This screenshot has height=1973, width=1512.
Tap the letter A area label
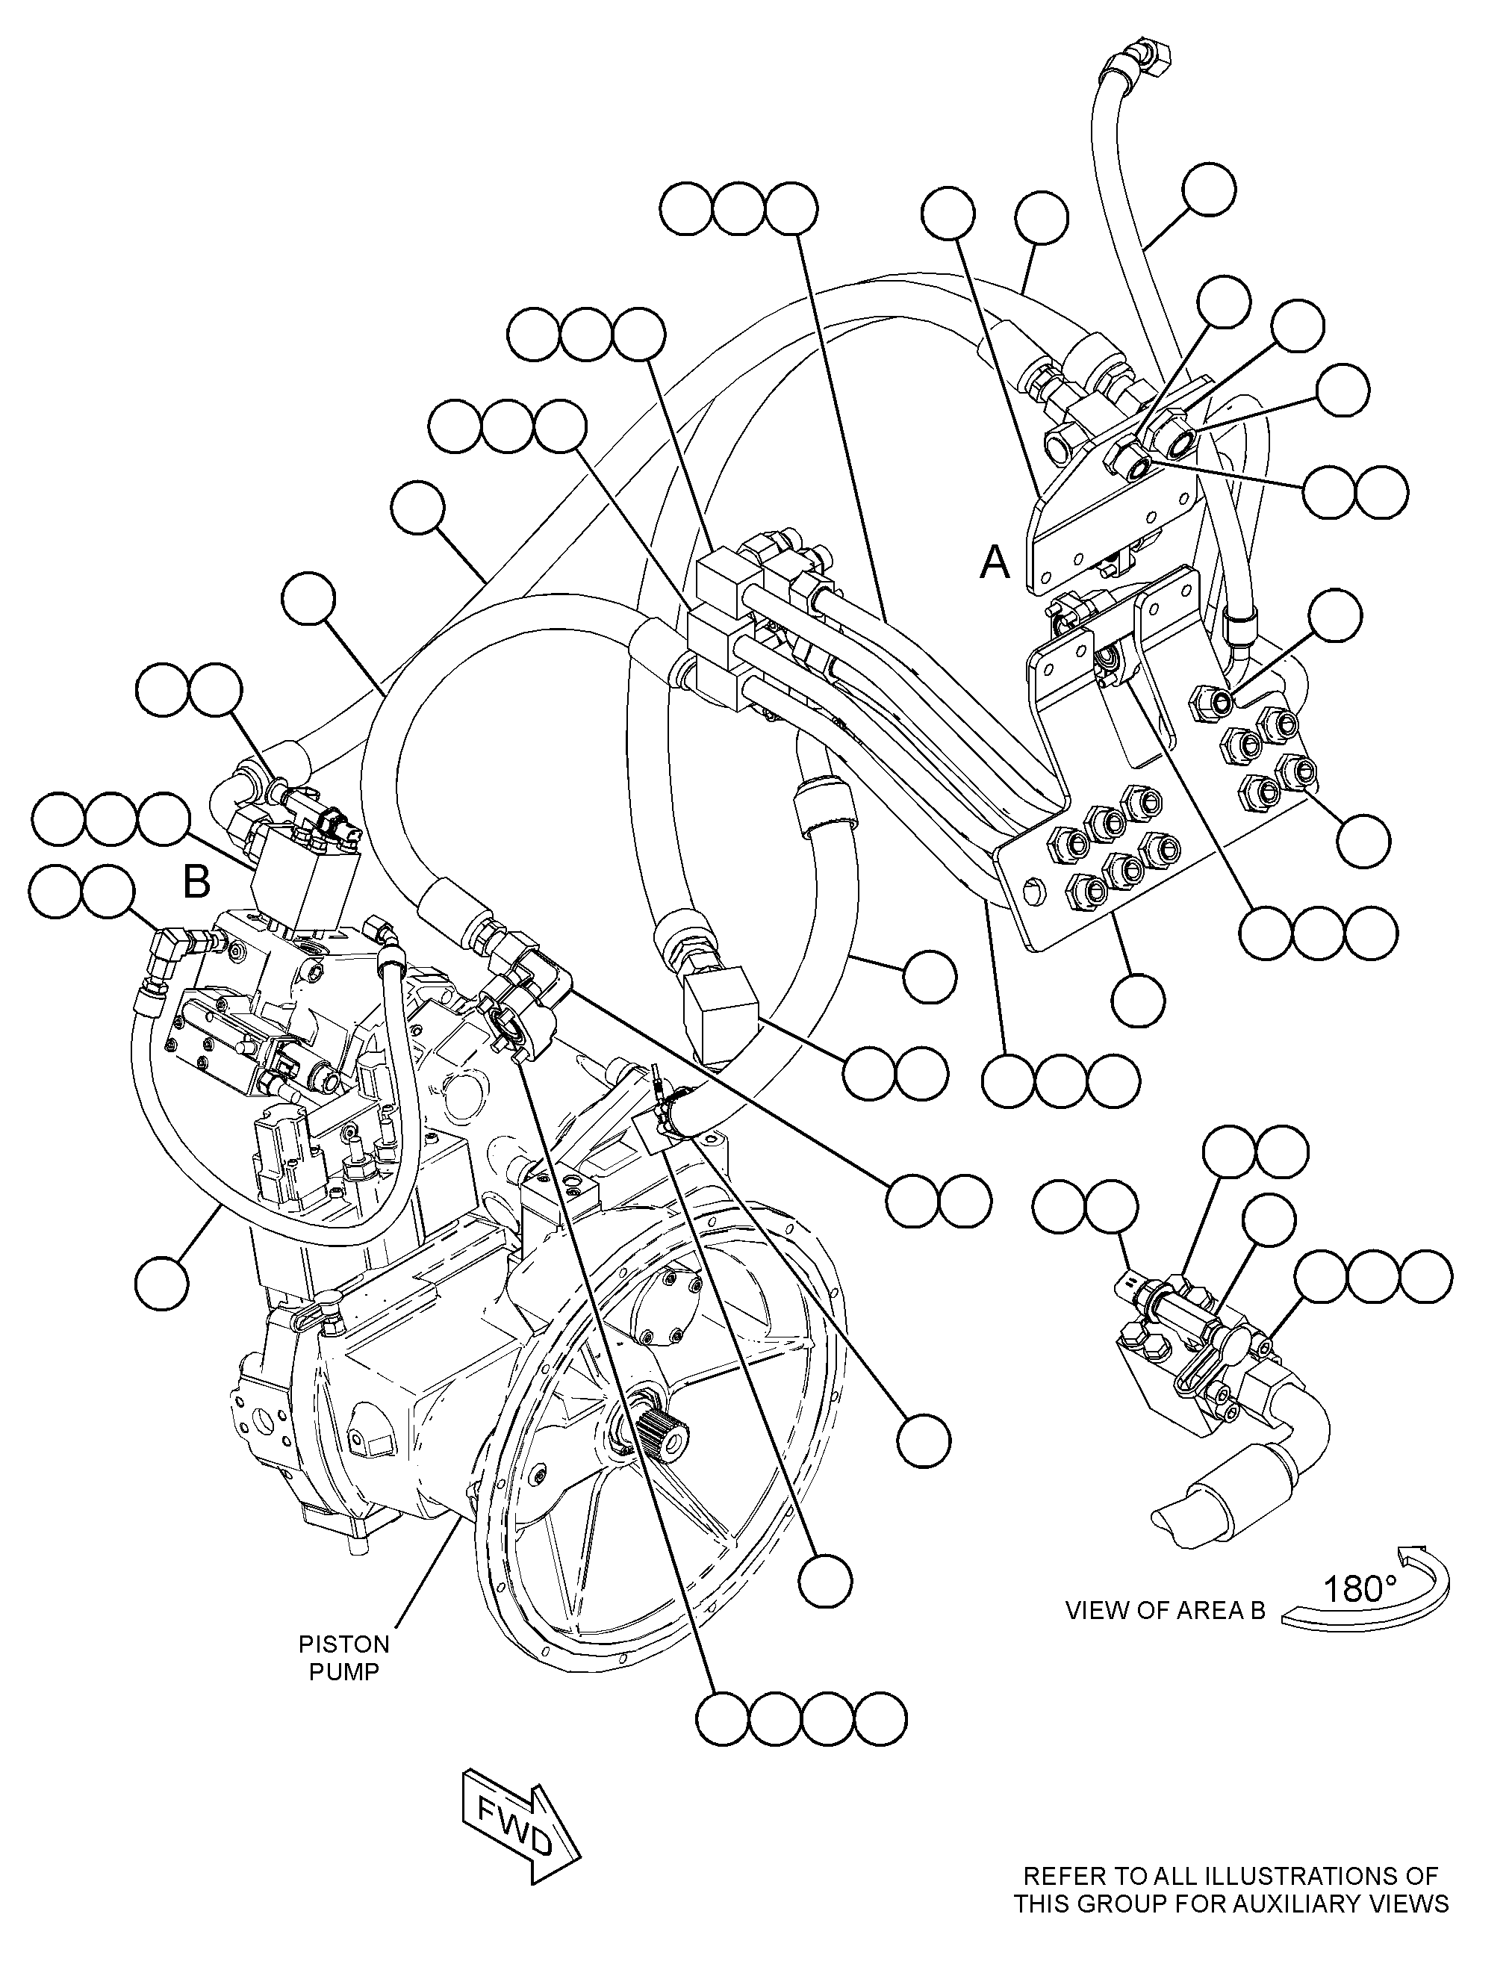[x=995, y=562]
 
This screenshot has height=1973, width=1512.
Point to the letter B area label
[x=197, y=881]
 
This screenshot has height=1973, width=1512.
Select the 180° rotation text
[x=1360, y=1590]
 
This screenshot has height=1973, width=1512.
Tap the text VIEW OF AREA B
[x=1166, y=1610]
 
